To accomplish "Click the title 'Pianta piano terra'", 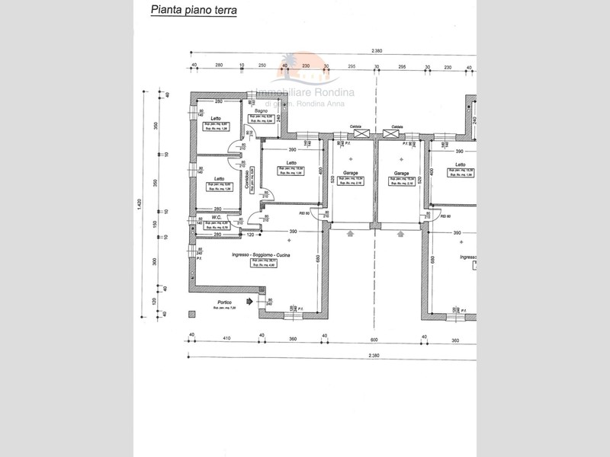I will click(194, 11).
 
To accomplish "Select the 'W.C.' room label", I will click(216, 217).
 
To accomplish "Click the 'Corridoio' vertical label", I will click(247, 178).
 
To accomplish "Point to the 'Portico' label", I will click(223, 302).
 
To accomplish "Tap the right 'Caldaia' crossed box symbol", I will click(393, 134).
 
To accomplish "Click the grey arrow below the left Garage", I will click(350, 235).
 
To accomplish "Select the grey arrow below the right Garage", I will click(400, 235).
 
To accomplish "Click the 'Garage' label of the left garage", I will click(350, 173).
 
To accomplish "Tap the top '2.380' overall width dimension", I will click(377, 51).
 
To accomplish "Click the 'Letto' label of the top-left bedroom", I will click(217, 118).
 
